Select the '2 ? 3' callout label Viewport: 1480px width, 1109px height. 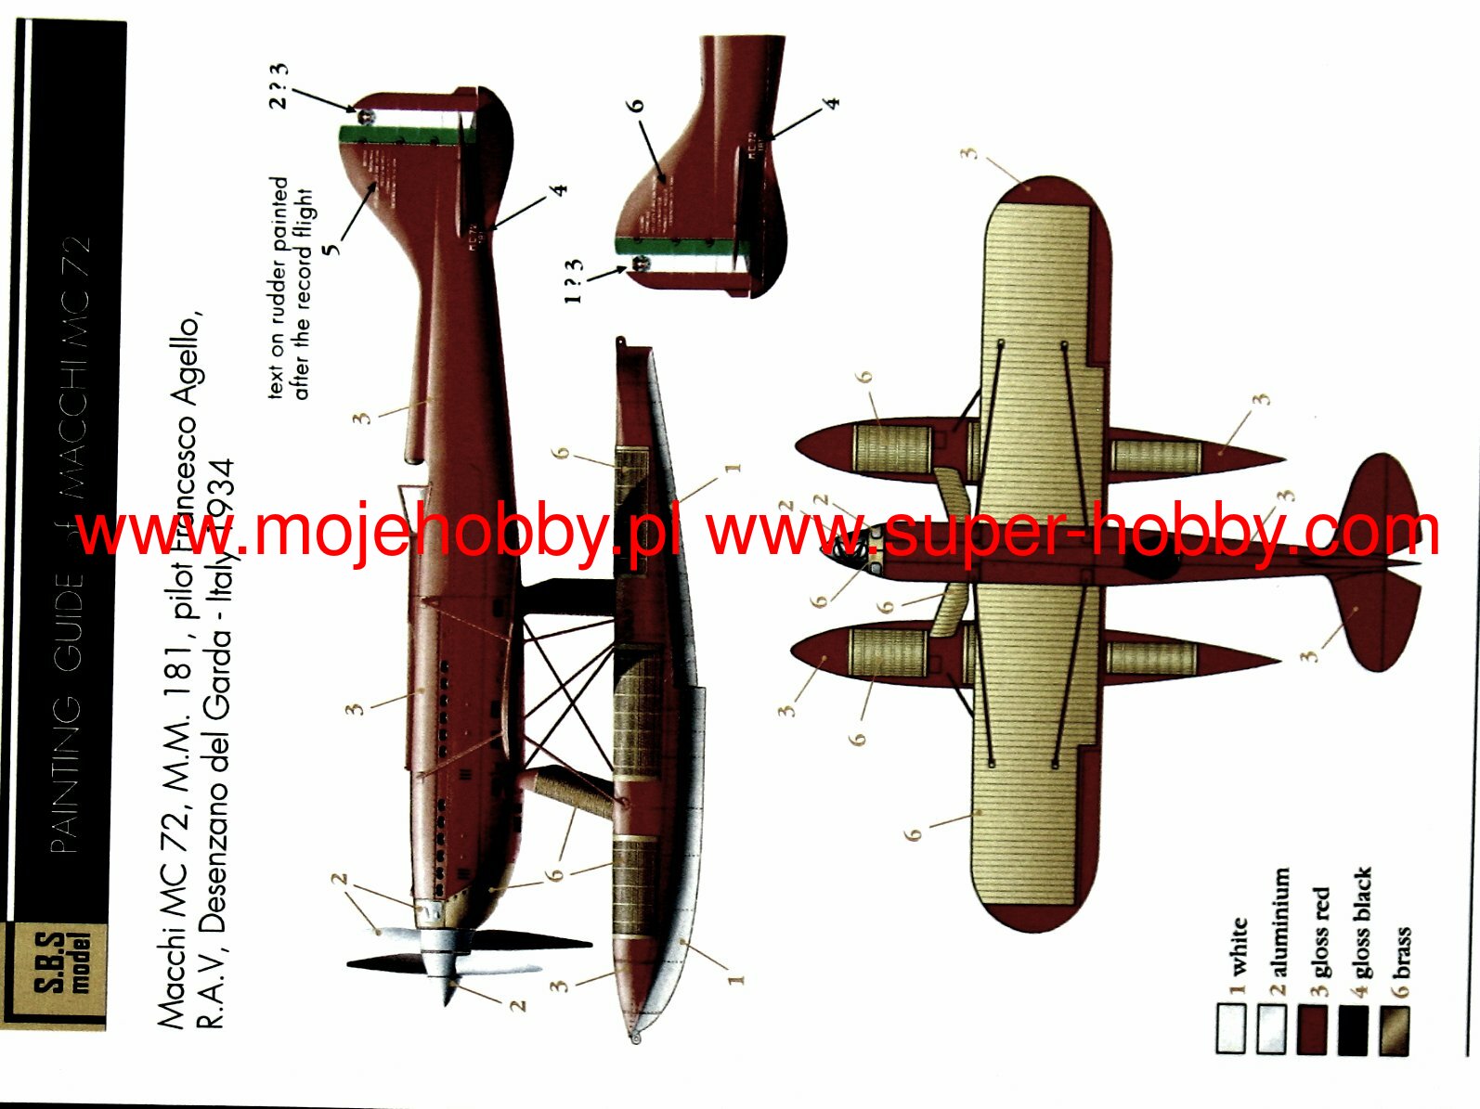279,85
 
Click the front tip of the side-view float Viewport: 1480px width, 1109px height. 635,1037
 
